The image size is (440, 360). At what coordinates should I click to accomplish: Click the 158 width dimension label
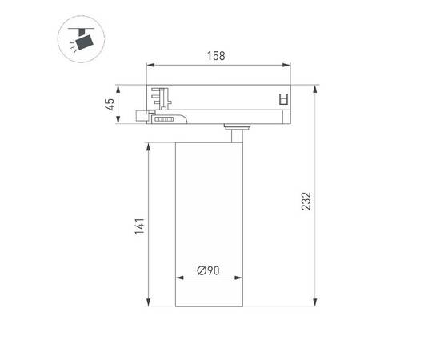pos(216,57)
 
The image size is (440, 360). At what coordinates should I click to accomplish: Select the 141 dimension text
pos(138,226)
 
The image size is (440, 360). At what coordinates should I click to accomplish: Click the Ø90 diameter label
pos(209,270)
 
